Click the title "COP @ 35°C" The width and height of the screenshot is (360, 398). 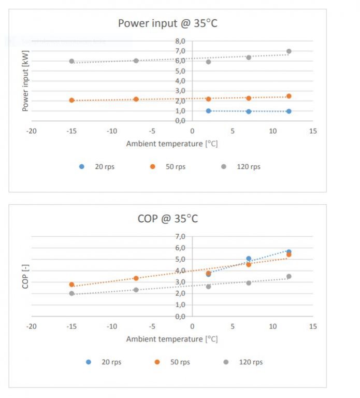point(167,219)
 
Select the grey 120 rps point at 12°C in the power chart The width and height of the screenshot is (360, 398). point(289,51)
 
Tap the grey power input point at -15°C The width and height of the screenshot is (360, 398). point(72,61)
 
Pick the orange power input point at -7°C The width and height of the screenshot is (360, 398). point(136,99)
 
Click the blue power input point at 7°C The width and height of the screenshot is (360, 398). point(249,111)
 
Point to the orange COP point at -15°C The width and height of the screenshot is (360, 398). point(72,285)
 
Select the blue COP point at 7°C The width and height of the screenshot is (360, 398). point(249,259)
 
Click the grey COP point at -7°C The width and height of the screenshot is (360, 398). point(136,290)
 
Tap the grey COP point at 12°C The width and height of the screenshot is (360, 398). point(289,276)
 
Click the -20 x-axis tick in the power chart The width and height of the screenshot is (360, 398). point(32,131)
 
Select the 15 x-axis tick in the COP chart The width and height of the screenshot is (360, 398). point(312,326)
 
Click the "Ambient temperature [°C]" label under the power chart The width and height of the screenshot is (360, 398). point(172,144)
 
